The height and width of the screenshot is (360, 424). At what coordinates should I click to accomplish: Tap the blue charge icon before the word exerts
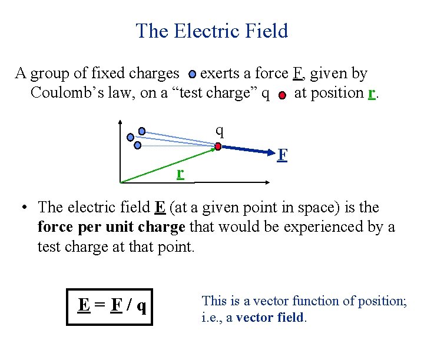tap(193, 75)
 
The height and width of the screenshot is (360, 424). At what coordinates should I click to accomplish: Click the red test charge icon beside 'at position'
tap(282, 95)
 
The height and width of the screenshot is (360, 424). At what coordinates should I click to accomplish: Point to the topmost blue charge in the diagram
tap(142, 131)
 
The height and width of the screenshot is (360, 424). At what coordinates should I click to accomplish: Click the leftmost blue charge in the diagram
tap(130, 138)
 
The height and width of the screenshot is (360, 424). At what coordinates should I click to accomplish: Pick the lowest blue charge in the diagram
tap(138, 145)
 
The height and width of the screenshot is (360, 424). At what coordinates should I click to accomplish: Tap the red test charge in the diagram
tap(218, 146)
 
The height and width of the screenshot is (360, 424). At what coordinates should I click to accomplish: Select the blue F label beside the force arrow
tap(283, 155)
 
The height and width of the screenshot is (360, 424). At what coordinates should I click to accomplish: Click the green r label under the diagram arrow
tap(180, 172)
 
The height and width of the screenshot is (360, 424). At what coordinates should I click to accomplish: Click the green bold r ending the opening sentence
tap(371, 93)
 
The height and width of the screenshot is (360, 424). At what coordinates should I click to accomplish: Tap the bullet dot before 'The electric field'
tap(24, 208)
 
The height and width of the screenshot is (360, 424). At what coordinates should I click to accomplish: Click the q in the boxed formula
tap(141, 306)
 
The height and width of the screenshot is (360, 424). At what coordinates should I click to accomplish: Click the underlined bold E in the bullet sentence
tap(160, 208)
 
